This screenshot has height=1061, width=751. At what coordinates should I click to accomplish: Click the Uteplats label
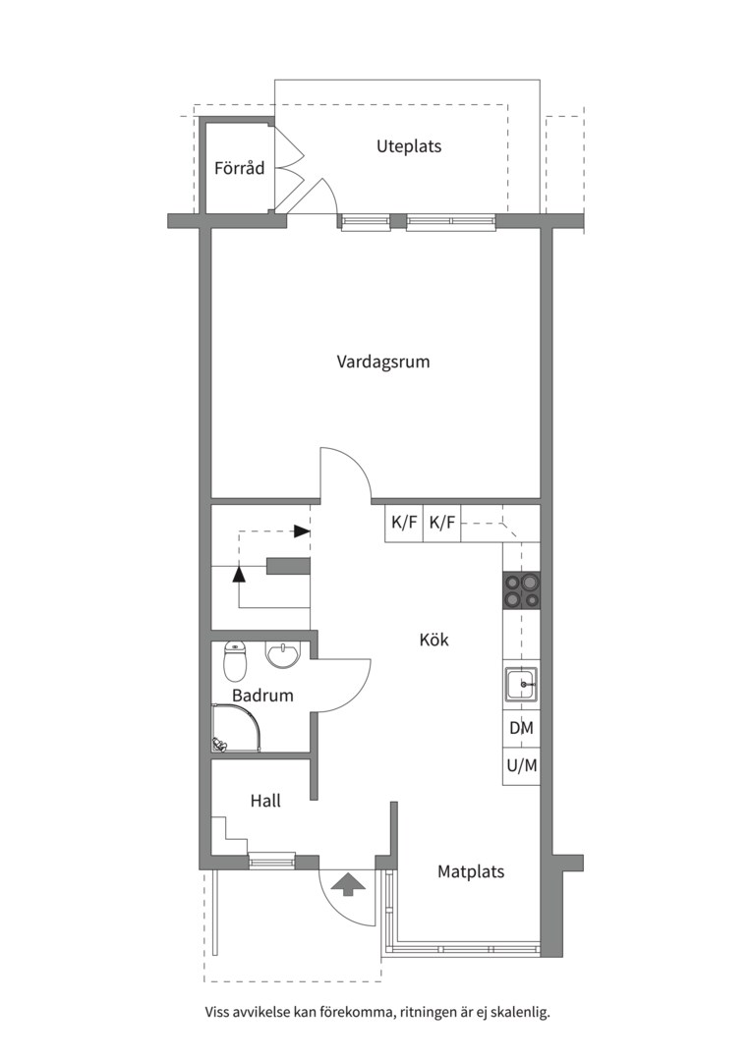pyautogui.click(x=409, y=146)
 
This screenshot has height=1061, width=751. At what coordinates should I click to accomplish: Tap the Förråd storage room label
pyautogui.click(x=239, y=168)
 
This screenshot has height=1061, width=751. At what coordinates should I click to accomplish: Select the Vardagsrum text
pyautogui.click(x=383, y=362)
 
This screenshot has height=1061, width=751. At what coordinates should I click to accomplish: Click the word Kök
pyautogui.click(x=434, y=640)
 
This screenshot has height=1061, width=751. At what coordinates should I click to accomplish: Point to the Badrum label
pyautogui.click(x=262, y=695)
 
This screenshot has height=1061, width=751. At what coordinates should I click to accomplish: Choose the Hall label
pyautogui.click(x=265, y=802)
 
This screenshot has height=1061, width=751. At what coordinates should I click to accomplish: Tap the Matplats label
pyautogui.click(x=471, y=871)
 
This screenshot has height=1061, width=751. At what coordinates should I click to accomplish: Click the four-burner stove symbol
pyautogui.click(x=521, y=590)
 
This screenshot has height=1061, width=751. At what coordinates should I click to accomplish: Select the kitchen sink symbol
pyautogui.click(x=521, y=686)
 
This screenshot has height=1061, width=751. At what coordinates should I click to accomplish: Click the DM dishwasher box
pyautogui.click(x=521, y=728)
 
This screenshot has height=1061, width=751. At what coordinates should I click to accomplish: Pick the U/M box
pyautogui.click(x=521, y=766)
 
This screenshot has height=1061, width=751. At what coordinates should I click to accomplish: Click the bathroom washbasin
pyautogui.click(x=280, y=655)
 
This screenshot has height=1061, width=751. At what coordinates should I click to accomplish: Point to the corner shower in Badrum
pyautogui.click(x=236, y=727)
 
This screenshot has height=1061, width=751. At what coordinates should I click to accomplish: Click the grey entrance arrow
pyautogui.click(x=349, y=883)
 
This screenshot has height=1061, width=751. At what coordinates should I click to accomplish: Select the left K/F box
pyautogui.click(x=404, y=523)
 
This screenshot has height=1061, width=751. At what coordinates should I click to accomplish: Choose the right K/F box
pyautogui.click(x=442, y=523)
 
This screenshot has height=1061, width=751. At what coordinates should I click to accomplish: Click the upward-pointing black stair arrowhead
pyautogui.click(x=238, y=573)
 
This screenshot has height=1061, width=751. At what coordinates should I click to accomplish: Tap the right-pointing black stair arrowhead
pyautogui.click(x=302, y=531)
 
